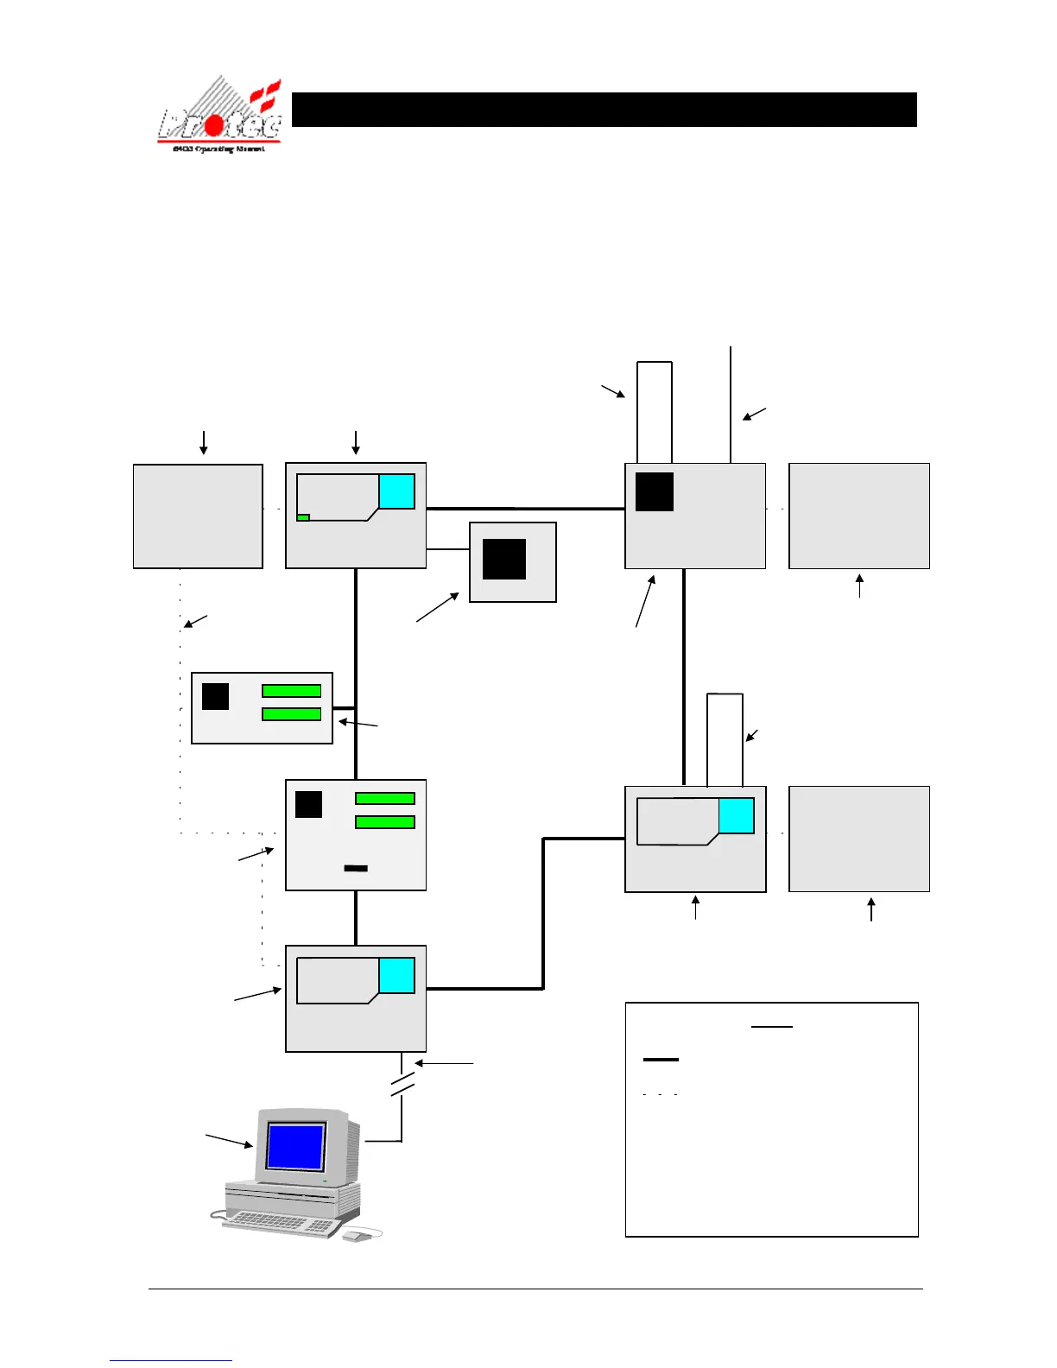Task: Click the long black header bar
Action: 604,110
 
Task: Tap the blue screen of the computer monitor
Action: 295,1146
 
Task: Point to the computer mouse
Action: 356,1237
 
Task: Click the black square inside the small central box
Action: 504,559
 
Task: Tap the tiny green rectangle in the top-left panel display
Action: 303,517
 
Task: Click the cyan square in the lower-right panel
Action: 737,816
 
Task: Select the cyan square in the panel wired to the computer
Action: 397,976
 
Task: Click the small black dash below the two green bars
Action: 356,868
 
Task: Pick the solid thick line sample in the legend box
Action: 661,1059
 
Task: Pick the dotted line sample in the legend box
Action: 661,1094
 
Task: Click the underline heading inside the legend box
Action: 771,1027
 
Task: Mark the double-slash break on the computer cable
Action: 402,1085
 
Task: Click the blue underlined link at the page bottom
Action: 171,1360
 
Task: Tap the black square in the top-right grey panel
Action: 655,492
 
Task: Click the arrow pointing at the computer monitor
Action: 230,1140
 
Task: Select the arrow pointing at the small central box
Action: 438,606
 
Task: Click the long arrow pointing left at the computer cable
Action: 444,1062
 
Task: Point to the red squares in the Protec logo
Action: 265,95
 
